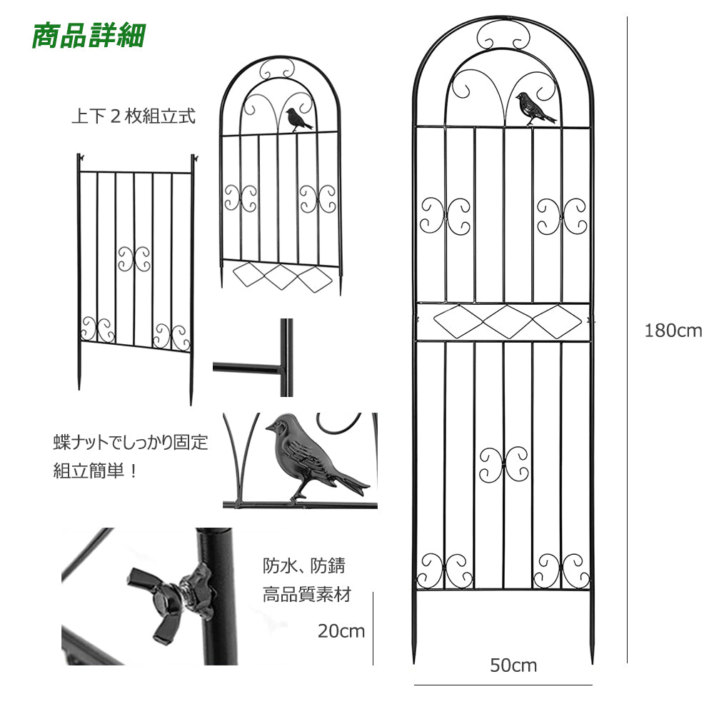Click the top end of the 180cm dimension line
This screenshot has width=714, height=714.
pos(627,17)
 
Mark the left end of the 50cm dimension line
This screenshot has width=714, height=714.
pos(414,685)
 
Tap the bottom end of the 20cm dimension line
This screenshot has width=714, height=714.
pos(373,665)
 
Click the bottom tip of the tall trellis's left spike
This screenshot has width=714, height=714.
pos(414,663)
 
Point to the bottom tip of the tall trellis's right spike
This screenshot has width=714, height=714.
pos(593,663)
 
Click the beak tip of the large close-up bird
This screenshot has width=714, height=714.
pos(266,428)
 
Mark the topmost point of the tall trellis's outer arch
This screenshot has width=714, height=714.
pos(503,16)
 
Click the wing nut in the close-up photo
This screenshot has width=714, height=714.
pos(171,601)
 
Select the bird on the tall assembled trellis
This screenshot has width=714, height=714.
pos(535,108)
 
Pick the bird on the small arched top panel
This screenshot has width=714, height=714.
pos(298,119)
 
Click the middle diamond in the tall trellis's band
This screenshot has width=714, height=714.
pos(508,321)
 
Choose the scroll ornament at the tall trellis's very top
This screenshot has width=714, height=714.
pos(503,34)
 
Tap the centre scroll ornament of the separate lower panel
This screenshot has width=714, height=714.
pos(134,259)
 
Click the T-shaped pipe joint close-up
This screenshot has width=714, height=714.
pos(253,358)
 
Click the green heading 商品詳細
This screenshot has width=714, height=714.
pos(89,36)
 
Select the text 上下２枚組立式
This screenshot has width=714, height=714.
pos(134,116)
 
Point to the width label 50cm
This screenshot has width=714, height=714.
pos(513,665)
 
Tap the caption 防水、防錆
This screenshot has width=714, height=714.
pos(304,565)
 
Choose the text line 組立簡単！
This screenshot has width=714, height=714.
pos(96,471)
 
